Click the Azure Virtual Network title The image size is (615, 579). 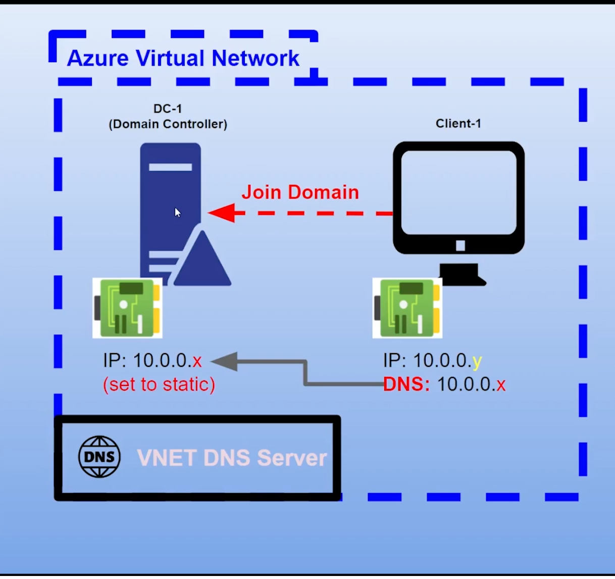[x=183, y=58]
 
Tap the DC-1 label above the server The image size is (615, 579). [x=168, y=109]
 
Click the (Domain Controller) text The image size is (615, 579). [x=168, y=124]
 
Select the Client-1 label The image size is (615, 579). [x=458, y=124]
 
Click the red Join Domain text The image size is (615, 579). [x=300, y=192]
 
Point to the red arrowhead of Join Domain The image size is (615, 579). [x=221, y=213]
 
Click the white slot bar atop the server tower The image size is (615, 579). [x=170, y=167]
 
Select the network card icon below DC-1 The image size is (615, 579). [x=127, y=308]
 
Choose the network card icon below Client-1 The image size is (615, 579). [x=407, y=308]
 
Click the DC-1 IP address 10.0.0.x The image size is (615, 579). [x=152, y=361]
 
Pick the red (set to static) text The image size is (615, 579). [x=159, y=384]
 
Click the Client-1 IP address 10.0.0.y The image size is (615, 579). [x=432, y=361]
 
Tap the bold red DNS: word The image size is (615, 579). [x=406, y=384]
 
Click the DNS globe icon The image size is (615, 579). [x=99, y=457]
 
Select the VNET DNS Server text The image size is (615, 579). [x=232, y=458]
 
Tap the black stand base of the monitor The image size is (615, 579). [x=460, y=275]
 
